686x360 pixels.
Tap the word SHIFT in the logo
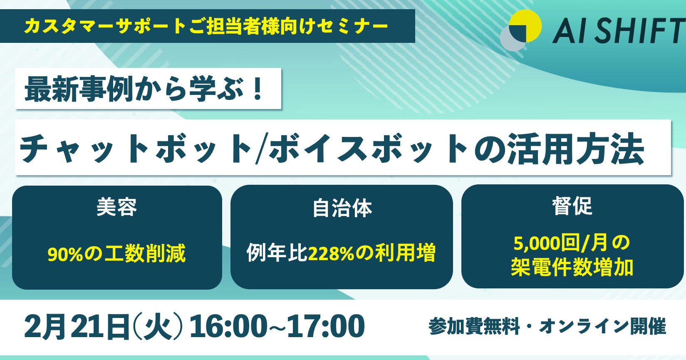(x=640, y=31)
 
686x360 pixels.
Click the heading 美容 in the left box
(x=116, y=207)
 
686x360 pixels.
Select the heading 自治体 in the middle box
(x=342, y=209)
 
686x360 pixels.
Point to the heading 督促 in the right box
(x=572, y=206)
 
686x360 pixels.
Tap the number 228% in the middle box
(x=331, y=253)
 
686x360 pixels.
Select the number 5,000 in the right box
(x=536, y=244)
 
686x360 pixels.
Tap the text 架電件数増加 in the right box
(x=572, y=267)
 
